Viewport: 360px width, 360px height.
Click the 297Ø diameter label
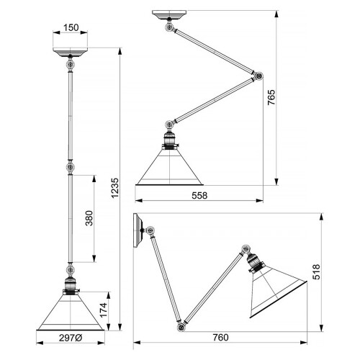(70, 338)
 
